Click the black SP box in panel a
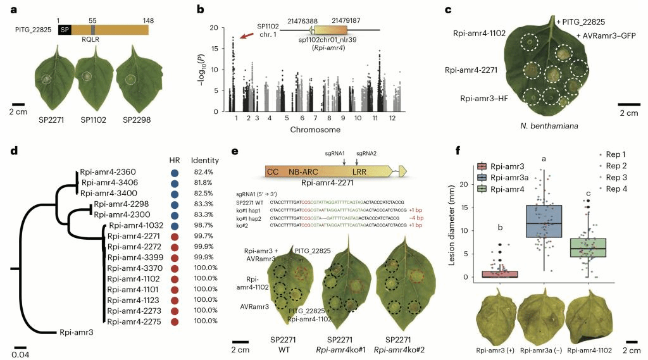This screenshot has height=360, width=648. pyautogui.click(x=65, y=30)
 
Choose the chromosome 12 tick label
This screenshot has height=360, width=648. pyautogui.click(x=393, y=118)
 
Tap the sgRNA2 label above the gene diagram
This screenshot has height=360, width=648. pyautogui.click(x=366, y=152)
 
